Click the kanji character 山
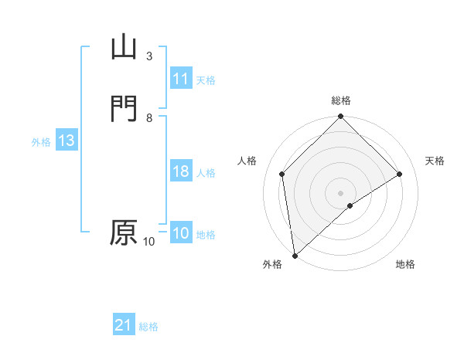pyautogui.click(x=125, y=47)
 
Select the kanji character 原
pyautogui.click(x=124, y=232)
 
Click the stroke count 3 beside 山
pyautogui.click(x=149, y=56)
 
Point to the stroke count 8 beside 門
pyautogui.click(x=149, y=117)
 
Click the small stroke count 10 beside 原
pyautogui.click(x=149, y=242)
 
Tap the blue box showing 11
pyautogui.click(x=180, y=79)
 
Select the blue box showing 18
pyautogui.click(x=180, y=171)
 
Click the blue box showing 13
pyautogui.click(x=66, y=141)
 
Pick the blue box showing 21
pyautogui.click(x=124, y=326)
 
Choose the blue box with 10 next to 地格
pyautogui.click(x=180, y=233)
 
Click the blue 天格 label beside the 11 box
pyautogui.click(x=206, y=80)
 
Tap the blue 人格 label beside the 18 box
pyautogui.click(x=206, y=173)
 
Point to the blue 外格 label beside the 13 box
pyautogui.click(x=41, y=142)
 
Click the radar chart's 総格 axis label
pyautogui.click(x=340, y=100)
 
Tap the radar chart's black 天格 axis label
pyautogui.click(x=435, y=161)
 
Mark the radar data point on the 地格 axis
pyautogui.click(x=350, y=205)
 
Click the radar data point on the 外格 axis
pyautogui.click(x=294, y=255)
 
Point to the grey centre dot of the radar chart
pyautogui.click(x=340, y=192)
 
